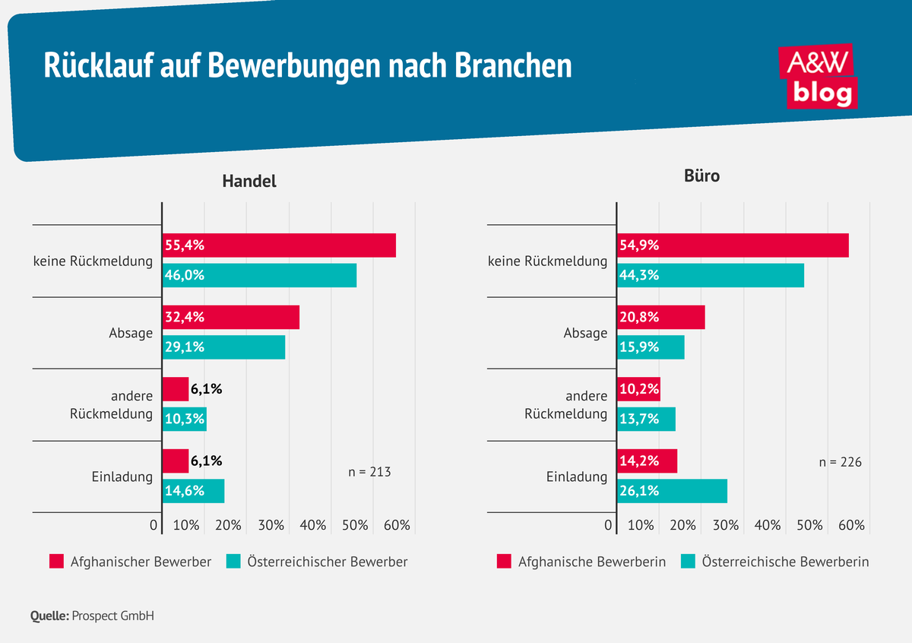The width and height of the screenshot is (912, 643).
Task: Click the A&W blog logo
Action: [x=817, y=76]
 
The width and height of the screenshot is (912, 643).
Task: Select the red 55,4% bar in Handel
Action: [x=279, y=245]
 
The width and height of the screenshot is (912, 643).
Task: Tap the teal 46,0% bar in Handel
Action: [x=259, y=275]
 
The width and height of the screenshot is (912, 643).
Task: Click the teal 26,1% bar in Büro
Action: [x=672, y=491]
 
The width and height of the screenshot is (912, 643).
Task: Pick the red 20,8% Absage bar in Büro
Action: [x=660, y=317]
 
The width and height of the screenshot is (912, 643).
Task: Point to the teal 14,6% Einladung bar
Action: [x=194, y=491]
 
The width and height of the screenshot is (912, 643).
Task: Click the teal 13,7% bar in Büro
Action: [x=646, y=419]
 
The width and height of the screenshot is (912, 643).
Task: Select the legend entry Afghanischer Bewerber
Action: [x=130, y=562]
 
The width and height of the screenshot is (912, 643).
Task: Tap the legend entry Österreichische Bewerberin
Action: [x=774, y=562]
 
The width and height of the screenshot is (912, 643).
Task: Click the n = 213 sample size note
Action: [x=369, y=472]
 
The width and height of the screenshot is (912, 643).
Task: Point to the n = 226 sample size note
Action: [x=840, y=462]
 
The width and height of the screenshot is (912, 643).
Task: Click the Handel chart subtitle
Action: [x=249, y=182]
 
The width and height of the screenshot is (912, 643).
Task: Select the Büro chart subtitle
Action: [x=701, y=176]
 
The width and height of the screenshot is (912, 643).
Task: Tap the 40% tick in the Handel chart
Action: [x=313, y=525]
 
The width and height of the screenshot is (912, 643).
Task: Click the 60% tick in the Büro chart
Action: [x=851, y=525]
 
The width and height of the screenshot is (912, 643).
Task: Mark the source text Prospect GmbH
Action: [x=112, y=616]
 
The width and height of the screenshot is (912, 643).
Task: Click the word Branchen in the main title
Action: [x=513, y=66]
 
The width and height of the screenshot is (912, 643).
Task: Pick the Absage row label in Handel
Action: [x=131, y=333]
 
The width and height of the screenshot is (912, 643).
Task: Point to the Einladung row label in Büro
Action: [x=577, y=477]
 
